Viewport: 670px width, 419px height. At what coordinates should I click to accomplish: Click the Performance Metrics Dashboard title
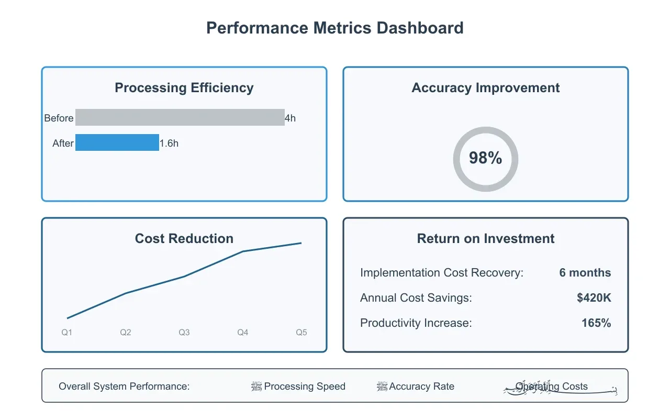click(x=335, y=28)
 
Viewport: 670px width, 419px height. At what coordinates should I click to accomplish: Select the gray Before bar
click(x=180, y=117)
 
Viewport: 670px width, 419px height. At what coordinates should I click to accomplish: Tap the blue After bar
click(x=117, y=142)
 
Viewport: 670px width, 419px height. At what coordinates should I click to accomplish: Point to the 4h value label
click(x=290, y=118)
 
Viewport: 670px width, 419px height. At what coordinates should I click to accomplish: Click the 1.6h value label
click(x=169, y=144)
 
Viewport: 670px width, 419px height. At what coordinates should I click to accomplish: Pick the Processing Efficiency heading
click(x=184, y=88)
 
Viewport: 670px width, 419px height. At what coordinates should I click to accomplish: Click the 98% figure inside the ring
click(x=485, y=158)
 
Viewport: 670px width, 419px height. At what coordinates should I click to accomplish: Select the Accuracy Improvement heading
click(x=485, y=88)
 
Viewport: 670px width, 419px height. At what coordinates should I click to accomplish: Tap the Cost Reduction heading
click(x=184, y=239)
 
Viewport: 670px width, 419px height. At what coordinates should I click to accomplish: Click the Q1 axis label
click(x=67, y=333)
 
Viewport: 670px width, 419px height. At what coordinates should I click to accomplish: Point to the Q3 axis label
click(x=184, y=333)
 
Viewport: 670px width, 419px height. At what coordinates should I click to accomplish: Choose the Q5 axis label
click(x=301, y=333)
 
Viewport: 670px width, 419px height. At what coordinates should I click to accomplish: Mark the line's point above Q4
click(x=243, y=251)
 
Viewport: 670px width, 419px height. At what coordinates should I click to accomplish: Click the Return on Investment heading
click(x=485, y=239)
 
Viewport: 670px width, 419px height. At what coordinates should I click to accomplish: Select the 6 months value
click(x=585, y=273)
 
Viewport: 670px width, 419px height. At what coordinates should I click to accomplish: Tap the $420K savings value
click(x=594, y=298)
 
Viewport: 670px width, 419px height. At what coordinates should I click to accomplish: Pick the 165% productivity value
click(x=596, y=323)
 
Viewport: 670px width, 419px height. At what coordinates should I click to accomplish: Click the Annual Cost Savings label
click(x=416, y=298)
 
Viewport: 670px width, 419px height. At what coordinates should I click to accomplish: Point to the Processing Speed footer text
click(x=305, y=387)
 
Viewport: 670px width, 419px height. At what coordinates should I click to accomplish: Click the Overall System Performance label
click(x=124, y=387)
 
